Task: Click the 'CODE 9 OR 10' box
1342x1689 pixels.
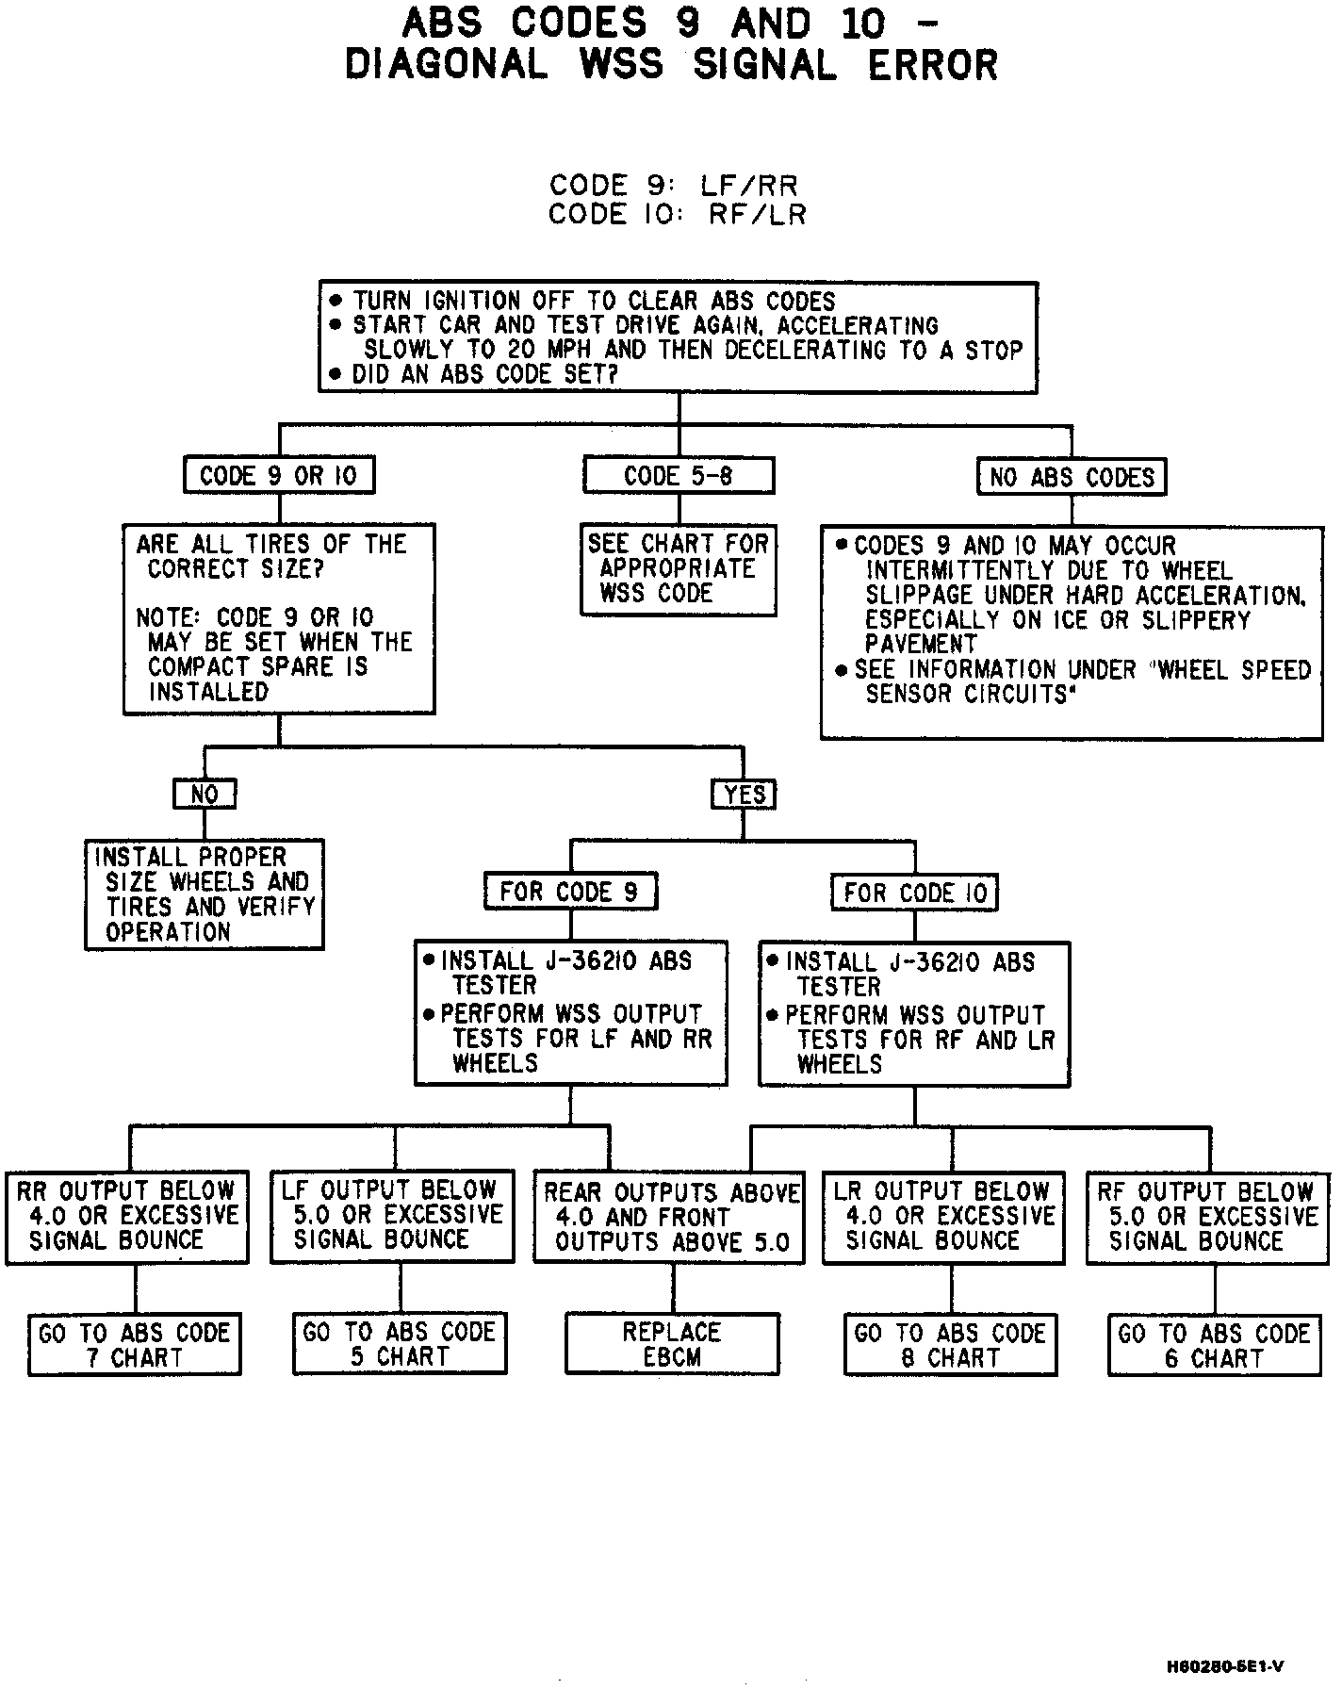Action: tap(279, 476)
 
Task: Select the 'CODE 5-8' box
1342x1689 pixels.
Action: tap(679, 476)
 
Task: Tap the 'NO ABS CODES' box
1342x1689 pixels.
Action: tap(1072, 478)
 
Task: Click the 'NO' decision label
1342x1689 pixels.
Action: tap(205, 794)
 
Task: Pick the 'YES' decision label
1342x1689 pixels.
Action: tap(744, 795)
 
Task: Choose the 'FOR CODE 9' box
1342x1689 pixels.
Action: tap(570, 892)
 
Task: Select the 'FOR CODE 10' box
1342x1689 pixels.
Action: tap(914, 893)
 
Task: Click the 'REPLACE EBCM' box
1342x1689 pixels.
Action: tap(672, 1345)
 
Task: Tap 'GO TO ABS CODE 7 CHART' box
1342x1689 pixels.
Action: tap(135, 1345)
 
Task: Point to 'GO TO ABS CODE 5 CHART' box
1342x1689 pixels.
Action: tap(400, 1344)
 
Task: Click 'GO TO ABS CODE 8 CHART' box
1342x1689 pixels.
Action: tap(950, 1345)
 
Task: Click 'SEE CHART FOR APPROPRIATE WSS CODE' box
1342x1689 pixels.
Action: tap(679, 569)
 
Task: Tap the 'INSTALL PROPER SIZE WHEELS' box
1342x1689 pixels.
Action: tap(205, 894)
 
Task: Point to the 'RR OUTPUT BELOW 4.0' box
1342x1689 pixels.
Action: tap(127, 1217)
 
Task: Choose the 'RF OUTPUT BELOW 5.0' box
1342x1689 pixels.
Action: tap(1206, 1217)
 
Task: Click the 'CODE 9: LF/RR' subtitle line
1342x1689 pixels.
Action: tap(674, 185)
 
